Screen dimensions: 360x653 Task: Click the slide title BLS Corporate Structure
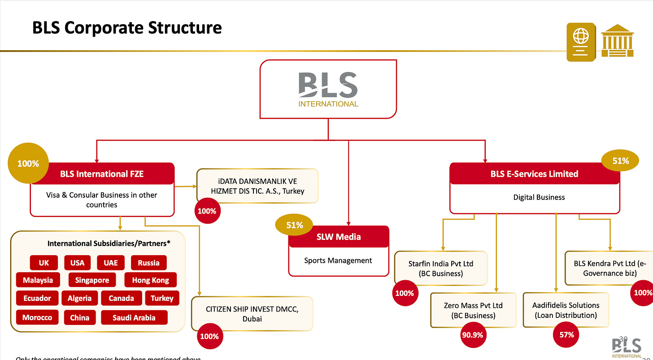click(x=127, y=28)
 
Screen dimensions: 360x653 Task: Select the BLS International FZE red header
click(x=102, y=173)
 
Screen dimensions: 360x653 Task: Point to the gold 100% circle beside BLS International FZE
click(x=28, y=164)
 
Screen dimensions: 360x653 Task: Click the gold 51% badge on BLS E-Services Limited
click(x=620, y=160)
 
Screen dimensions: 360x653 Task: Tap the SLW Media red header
click(x=339, y=237)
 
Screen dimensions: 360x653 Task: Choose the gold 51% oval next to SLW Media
click(x=294, y=225)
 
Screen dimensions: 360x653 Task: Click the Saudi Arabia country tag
click(x=134, y=317)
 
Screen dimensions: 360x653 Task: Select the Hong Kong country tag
click(x=150, y=280)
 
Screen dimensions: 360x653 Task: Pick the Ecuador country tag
click(x=37, y=298)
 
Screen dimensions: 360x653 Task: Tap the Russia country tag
click(x=148, y=263)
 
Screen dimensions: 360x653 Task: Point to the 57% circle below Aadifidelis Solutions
click(x=566, y=334)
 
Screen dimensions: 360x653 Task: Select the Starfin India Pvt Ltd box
click(x=441, y=268)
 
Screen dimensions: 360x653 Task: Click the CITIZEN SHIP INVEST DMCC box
click(x=252, y=314)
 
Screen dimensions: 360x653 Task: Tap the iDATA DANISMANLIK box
click(x=257, y=186)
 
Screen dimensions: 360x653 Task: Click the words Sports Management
click(x=338, y=260)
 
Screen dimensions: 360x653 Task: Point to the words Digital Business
click(x=539, y=197)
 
